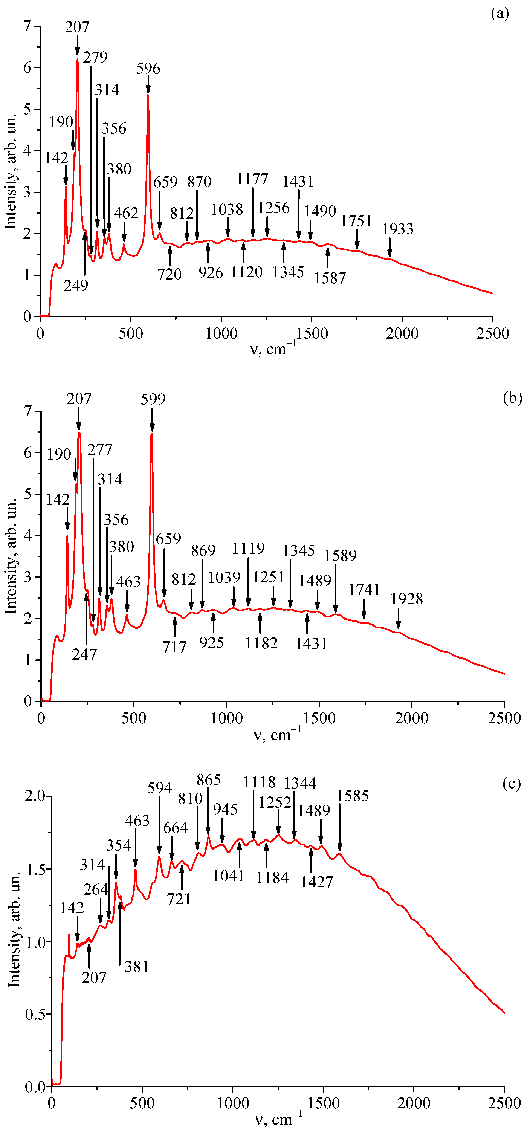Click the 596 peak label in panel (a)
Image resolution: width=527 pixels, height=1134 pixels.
148,69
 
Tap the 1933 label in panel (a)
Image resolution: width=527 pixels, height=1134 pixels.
398,229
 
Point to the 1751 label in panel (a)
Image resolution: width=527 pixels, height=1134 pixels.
356,221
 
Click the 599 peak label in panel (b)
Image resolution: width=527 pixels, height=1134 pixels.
153,399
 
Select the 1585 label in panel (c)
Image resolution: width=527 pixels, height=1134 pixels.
353,796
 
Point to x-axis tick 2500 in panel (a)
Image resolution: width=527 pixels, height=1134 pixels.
492,333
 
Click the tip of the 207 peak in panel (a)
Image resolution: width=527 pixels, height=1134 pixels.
78,58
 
